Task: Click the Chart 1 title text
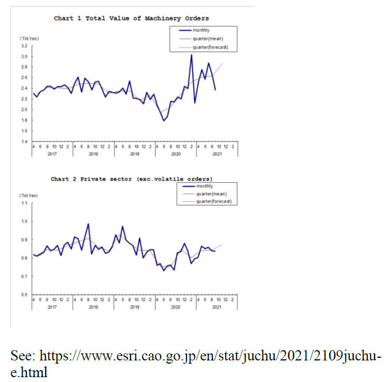131,18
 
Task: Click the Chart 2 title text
132,179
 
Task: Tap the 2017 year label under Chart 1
52,154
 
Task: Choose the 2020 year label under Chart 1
175,154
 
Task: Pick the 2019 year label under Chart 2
134,306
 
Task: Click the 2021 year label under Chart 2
217,306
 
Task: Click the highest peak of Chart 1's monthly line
191,54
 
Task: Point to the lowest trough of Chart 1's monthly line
164,121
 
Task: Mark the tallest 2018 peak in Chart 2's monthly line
88,224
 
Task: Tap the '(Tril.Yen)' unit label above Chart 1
29,38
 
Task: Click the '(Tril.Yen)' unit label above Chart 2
29,194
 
